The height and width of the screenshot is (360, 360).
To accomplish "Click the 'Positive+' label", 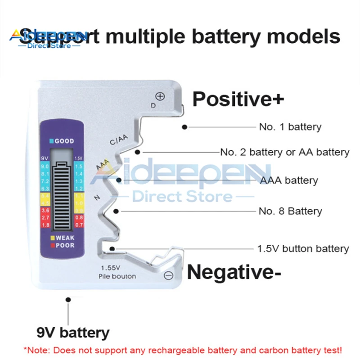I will (238, 99).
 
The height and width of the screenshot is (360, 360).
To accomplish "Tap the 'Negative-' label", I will (234, 272).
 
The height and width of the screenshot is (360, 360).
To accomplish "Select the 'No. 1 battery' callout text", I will (290, 127).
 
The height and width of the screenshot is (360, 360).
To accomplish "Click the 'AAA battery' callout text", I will (289, 180).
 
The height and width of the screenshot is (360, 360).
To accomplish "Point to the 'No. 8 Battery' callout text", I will (290, 211).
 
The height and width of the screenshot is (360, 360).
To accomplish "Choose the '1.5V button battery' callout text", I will (303, 248).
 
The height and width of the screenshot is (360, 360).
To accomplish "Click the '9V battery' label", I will (73, 333).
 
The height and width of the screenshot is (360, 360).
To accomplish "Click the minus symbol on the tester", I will (168, 275).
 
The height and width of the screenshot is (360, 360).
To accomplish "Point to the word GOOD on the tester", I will (64, 141).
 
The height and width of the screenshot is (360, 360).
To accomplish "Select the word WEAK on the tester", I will (65, 238).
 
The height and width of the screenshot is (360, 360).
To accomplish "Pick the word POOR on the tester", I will (65, 245).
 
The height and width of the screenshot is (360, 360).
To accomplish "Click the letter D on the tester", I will (153, 105).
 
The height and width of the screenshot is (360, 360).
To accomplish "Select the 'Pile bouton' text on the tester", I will (117, 276).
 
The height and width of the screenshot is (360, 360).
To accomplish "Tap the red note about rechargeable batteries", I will (182, 350).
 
